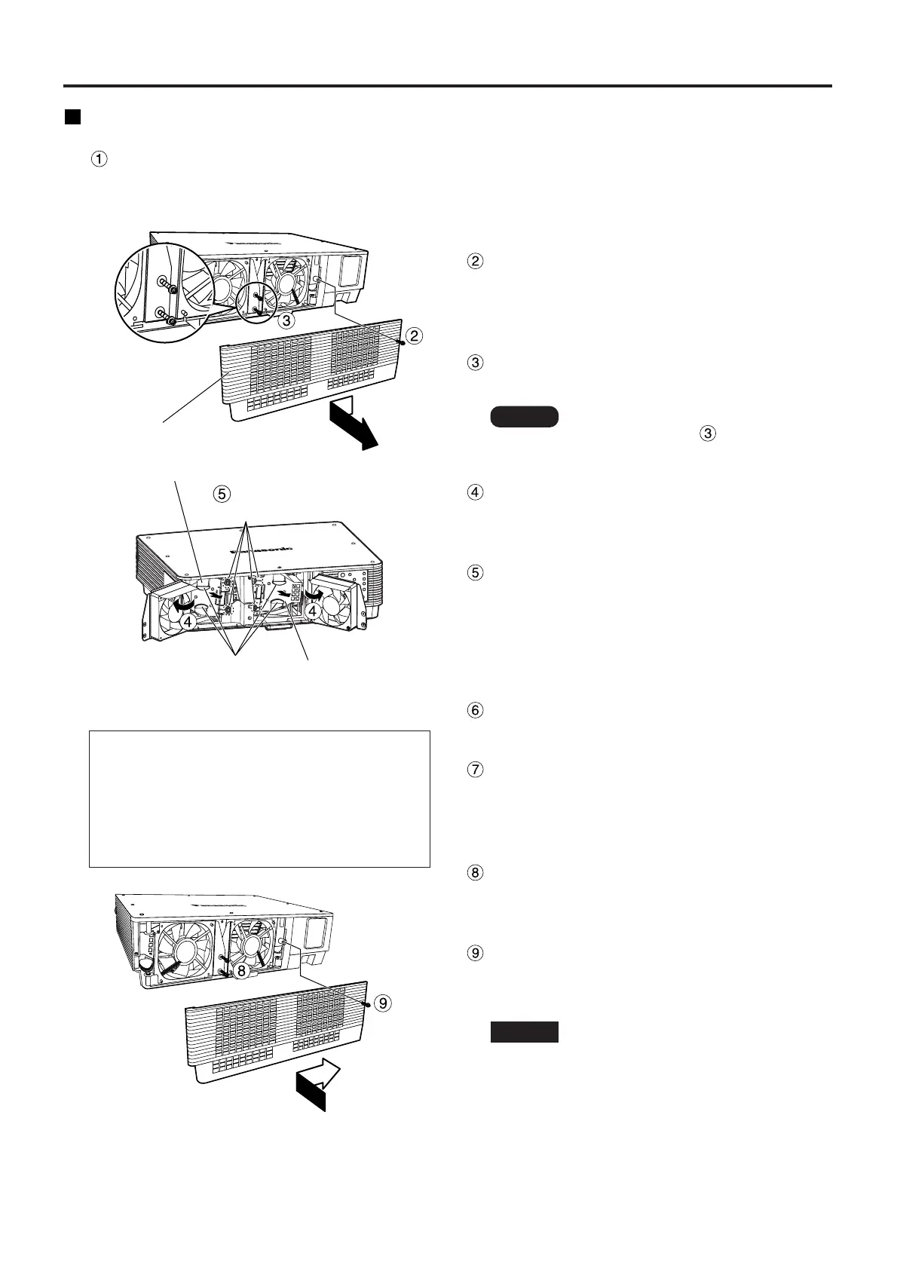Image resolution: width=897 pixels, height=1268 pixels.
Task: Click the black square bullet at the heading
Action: pos(72,118)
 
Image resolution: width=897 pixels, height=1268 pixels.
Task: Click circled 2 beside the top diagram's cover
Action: pos(413,335)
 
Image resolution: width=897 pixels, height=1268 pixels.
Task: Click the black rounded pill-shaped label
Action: pos(524,417)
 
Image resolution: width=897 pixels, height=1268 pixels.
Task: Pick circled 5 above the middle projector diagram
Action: pos(220,494)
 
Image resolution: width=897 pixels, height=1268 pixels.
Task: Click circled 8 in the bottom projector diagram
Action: pos(240,972)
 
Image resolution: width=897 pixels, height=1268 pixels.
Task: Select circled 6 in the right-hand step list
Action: pos(475,710)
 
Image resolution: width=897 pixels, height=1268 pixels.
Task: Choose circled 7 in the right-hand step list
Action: pos(475,770)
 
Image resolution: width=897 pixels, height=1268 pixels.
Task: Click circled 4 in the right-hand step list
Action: pos(475,492)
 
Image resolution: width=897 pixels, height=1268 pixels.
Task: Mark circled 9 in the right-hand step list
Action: pos(475,952)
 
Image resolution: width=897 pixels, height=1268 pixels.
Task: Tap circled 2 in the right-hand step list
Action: pos(475,262)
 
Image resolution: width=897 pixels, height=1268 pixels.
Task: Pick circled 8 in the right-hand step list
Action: pos(475,872)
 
